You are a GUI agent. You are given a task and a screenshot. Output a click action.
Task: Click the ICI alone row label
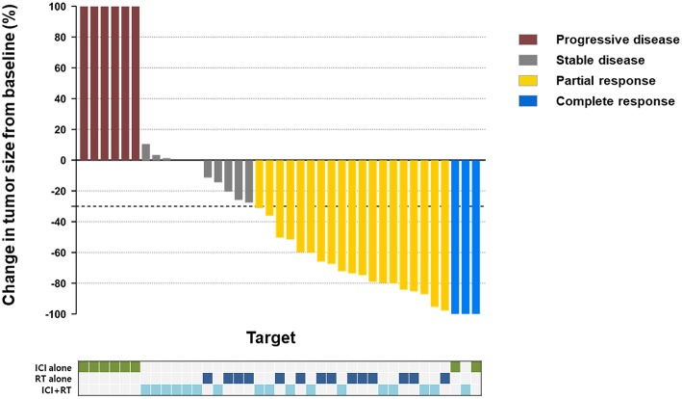pyautogui.click(x=51, y=366)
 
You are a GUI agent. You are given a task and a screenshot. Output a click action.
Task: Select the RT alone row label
pyautogui.click(x=52, y=378)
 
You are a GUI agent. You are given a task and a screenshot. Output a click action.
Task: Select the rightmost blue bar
pyautogui.click(x=475, y=236)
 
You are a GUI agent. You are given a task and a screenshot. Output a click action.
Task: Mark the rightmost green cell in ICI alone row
pyautogui.click(x=476, y=366)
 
